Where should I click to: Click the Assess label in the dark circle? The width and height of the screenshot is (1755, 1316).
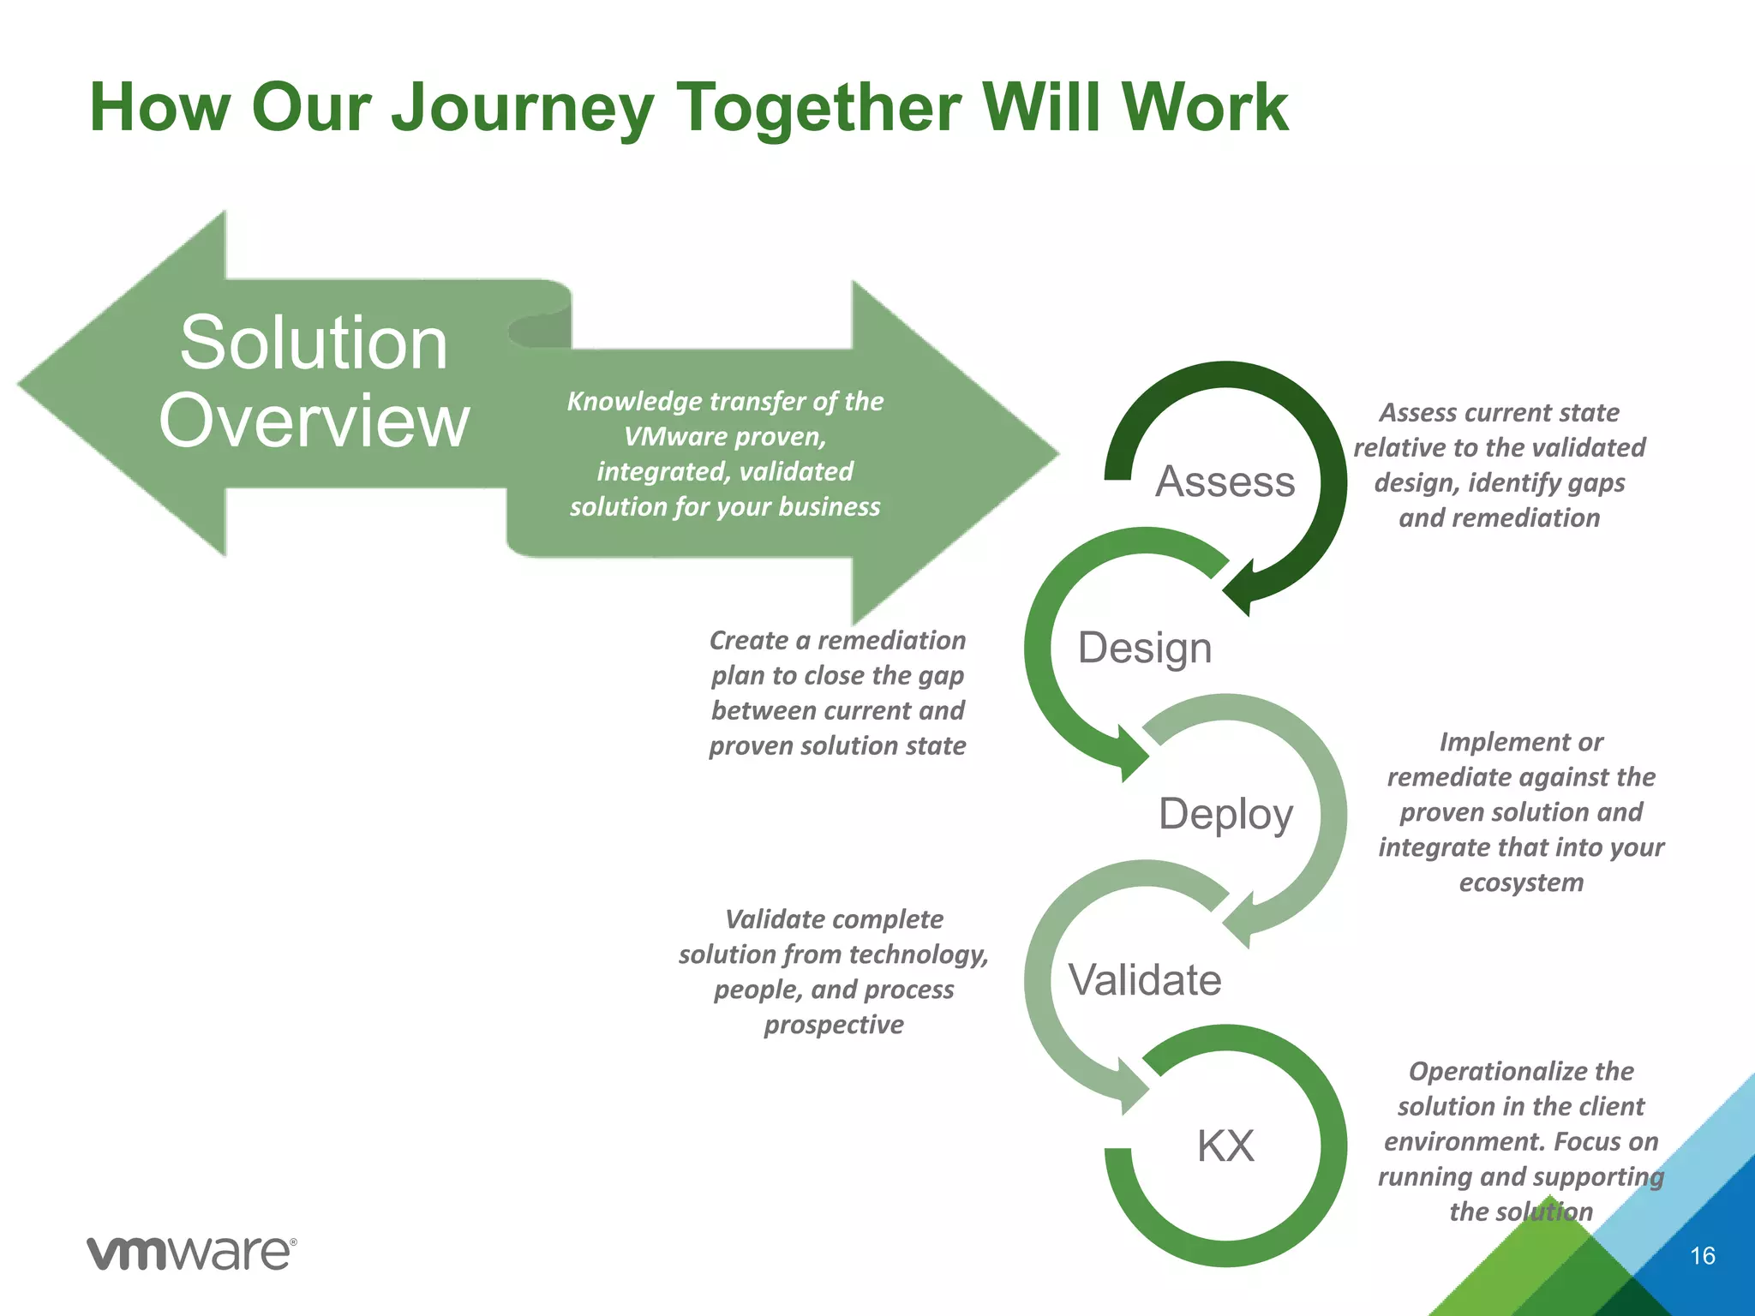(x=1225, y=482)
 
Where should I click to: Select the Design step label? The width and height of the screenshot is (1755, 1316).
(x=1145, y=648)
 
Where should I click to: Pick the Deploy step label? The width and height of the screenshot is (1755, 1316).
(x=1225, y=814)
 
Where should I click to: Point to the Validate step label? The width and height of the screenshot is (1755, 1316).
(x=1145, y=979)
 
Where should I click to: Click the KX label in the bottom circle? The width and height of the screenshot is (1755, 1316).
(x=1225, y=1146)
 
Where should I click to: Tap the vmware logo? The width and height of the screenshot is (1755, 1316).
(x=192, y=1253)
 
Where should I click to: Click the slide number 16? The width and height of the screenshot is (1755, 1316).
(x=1702, y=1256)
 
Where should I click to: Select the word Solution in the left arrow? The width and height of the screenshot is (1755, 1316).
(x=314, y=343)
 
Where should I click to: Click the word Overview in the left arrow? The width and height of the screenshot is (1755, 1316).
(x=314, y=421)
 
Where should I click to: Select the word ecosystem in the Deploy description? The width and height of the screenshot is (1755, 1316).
(x=1521, y=882)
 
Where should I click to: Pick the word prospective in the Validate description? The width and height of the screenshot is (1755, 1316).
(x=834, y=1025)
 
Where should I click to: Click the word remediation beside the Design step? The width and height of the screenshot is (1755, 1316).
(x=891, y=640)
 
